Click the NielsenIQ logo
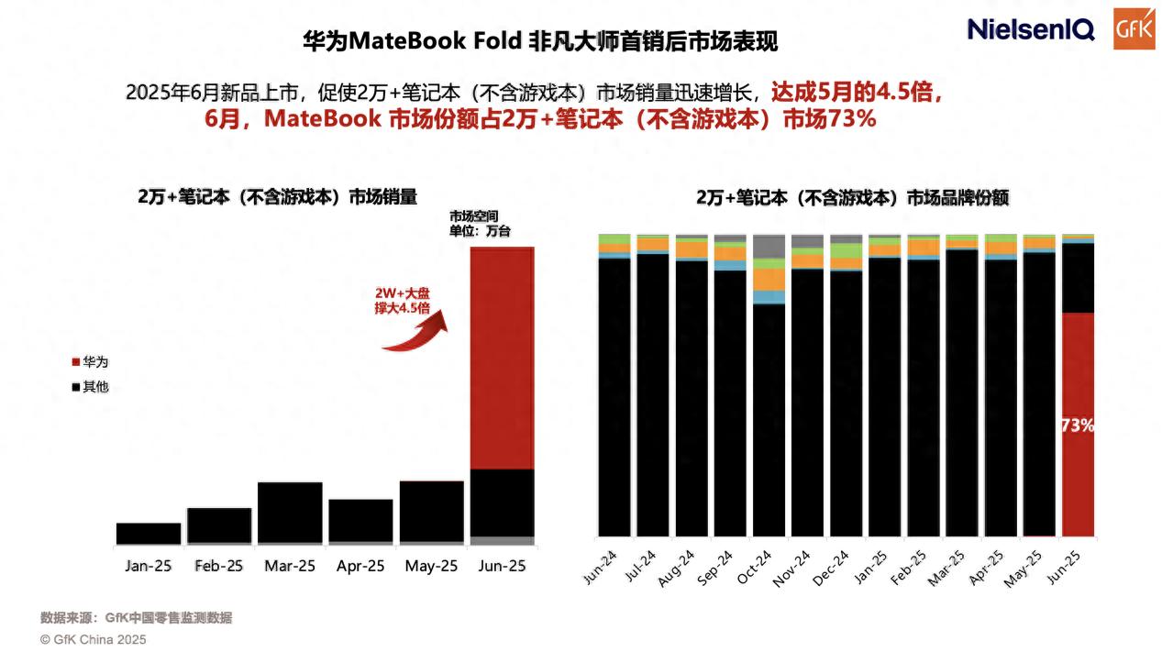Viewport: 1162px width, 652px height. click(1031, 29)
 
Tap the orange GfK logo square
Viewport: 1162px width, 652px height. click(1133, 29)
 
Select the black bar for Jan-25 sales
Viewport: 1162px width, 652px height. click(149, 533)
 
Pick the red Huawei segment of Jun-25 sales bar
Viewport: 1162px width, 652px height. click(502, 358)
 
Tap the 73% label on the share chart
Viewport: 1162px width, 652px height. click(1078, 425)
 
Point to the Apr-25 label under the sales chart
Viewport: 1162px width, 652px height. click(360, 566)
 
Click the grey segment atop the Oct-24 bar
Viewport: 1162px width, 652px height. click(769, 246)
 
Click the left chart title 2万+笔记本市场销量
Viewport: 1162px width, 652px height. click(277, 197)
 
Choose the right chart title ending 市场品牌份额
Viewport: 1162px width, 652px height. click(853, 197)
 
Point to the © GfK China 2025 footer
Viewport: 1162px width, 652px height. click(93, 639)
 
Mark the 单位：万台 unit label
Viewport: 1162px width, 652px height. click(480, 231)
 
